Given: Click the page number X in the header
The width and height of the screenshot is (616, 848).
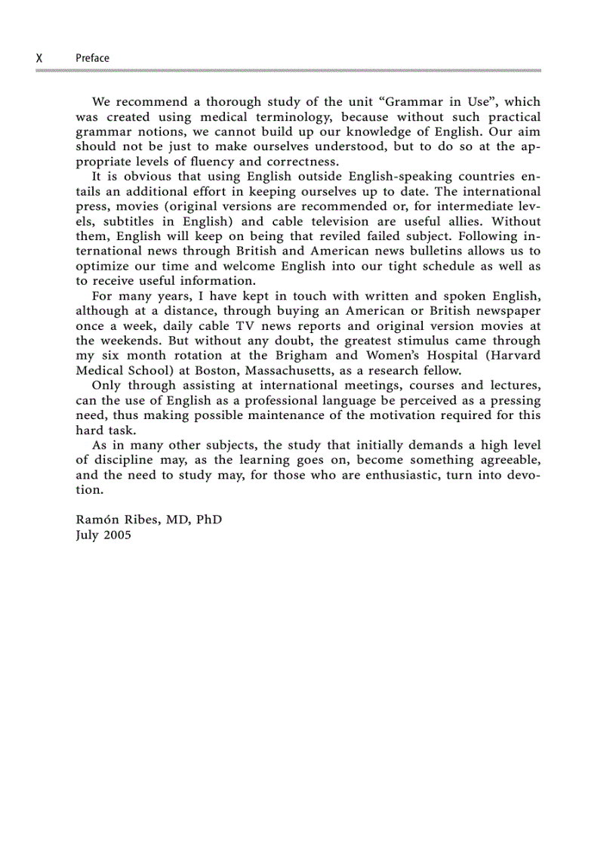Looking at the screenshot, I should [x=39, y=58].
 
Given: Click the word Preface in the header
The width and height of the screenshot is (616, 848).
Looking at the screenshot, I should [x=92, y=58].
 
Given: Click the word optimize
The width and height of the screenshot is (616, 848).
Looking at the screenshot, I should [x=104, y=267].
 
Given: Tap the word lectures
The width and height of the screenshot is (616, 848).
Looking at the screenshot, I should [x=513, y=386].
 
